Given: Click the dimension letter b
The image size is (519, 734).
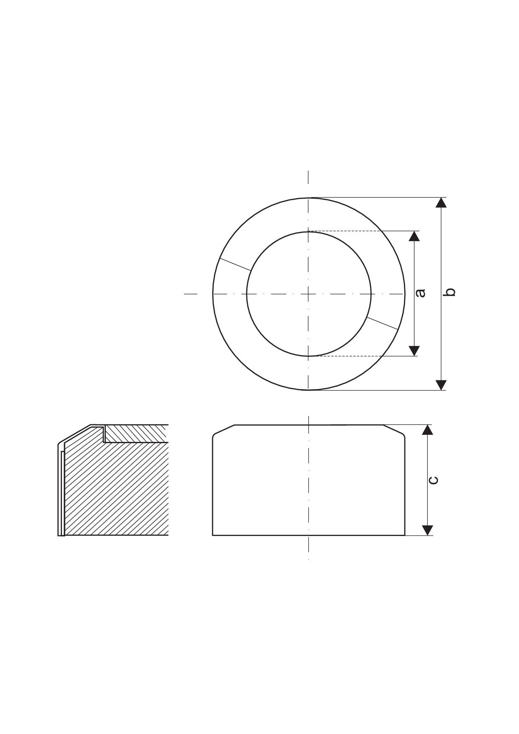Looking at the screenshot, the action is click(x=449, y=292).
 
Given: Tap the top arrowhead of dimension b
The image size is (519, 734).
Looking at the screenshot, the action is click(x=441, y=203).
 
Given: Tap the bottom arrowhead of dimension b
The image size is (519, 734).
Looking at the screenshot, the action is click(x=441, y=385).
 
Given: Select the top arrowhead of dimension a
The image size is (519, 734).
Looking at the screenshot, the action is click(x=414, y=236).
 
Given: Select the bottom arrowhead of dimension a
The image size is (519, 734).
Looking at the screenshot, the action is click(x=414, y=351).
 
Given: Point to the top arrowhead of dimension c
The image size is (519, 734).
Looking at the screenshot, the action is click(x=427, y=430).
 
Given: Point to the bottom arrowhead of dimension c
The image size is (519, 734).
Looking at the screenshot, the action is click(x=427, y=530).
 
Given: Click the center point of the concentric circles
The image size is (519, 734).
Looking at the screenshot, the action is click(x=308, y=294).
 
